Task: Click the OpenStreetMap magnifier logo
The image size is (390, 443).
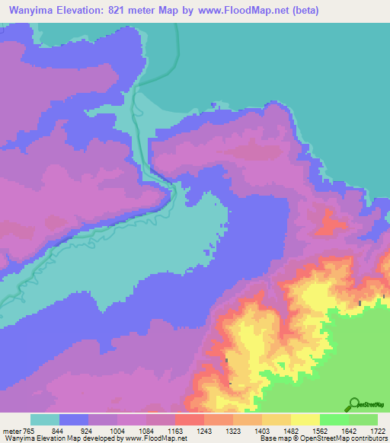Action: (x=354, y=404)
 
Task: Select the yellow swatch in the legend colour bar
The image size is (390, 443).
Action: (x=305, y=419)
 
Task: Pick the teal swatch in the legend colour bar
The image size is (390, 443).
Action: (x=45, y=419)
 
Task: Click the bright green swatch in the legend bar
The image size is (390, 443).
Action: (x=334, y=419)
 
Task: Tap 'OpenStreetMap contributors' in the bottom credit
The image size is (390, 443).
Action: (x=346, y=438)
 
